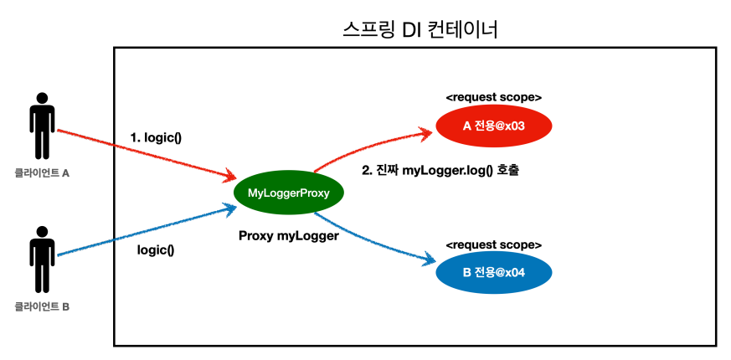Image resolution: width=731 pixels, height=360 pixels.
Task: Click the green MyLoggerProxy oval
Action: (289, 193)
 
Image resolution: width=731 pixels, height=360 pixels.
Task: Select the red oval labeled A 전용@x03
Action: (494, 126)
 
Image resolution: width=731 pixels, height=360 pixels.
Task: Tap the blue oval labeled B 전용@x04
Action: (494, 274)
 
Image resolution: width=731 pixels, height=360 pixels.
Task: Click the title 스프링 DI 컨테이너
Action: (420, 31)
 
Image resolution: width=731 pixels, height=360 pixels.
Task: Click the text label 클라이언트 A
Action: (42, 174)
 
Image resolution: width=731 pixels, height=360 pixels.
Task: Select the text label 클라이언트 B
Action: (42, 306)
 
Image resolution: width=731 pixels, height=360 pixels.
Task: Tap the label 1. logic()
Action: (156, 136)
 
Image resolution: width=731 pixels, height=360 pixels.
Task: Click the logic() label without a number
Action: (155, 249)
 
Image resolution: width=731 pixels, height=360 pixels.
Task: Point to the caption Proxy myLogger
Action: (289, 236)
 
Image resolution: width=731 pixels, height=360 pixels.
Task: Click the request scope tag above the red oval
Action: (493, 97)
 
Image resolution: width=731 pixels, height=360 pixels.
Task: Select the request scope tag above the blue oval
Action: (493, 244)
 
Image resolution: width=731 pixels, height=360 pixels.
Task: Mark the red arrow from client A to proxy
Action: (142, 154)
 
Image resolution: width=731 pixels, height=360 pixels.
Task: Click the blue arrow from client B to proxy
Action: (142, 230)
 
